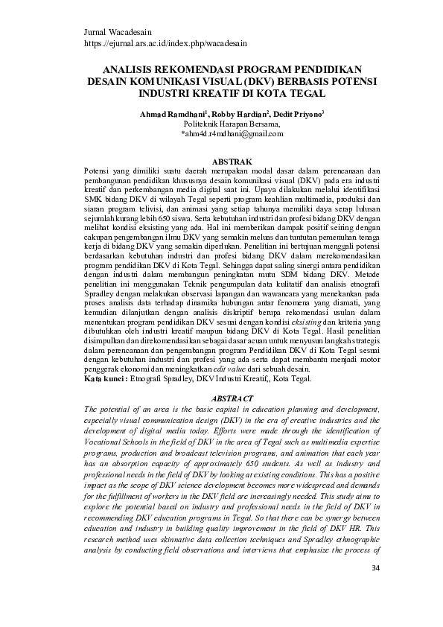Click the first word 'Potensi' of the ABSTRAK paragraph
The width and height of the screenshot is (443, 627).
pos(97,171)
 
